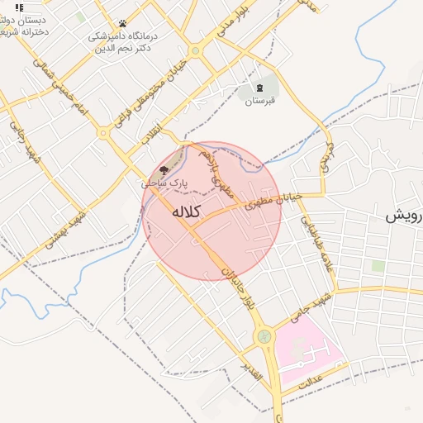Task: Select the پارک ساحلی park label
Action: tap(164, 183)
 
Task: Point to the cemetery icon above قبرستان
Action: tap(259, 87)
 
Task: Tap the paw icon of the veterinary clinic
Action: tap(122, 23)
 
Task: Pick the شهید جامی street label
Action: tap(310, 306)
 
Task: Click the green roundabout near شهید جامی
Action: tap(264, 335)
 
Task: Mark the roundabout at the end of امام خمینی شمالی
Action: tap(103, 131)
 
